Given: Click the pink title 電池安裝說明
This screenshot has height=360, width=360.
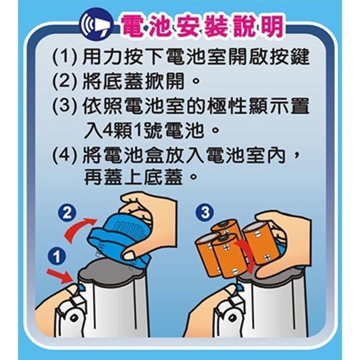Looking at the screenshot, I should click(201, 25).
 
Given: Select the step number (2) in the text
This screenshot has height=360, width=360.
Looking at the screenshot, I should click(65, 82).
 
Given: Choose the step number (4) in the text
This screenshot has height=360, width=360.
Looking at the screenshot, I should click(65, 156).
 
